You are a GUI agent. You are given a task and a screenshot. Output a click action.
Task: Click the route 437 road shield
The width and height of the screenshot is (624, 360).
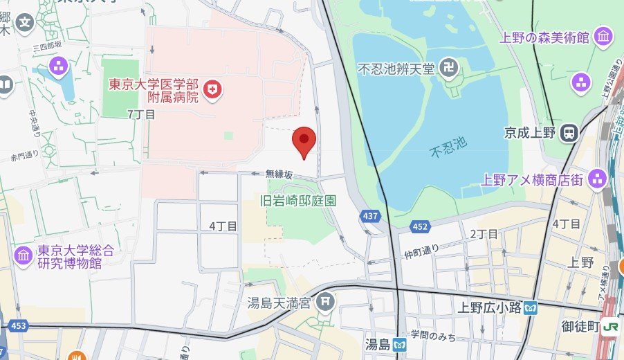371,217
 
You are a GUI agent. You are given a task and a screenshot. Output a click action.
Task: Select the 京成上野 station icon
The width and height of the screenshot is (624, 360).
569,132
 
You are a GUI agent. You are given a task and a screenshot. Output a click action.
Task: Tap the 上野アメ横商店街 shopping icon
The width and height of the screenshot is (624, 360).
596,180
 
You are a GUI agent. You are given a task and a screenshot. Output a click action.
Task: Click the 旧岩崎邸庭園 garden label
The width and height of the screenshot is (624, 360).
297,201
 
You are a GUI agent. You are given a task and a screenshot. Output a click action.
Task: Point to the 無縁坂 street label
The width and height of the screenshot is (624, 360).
279,174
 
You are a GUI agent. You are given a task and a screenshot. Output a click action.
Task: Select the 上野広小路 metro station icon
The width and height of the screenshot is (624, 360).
531,307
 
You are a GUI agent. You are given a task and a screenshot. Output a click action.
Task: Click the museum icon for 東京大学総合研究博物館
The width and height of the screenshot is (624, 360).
24,255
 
